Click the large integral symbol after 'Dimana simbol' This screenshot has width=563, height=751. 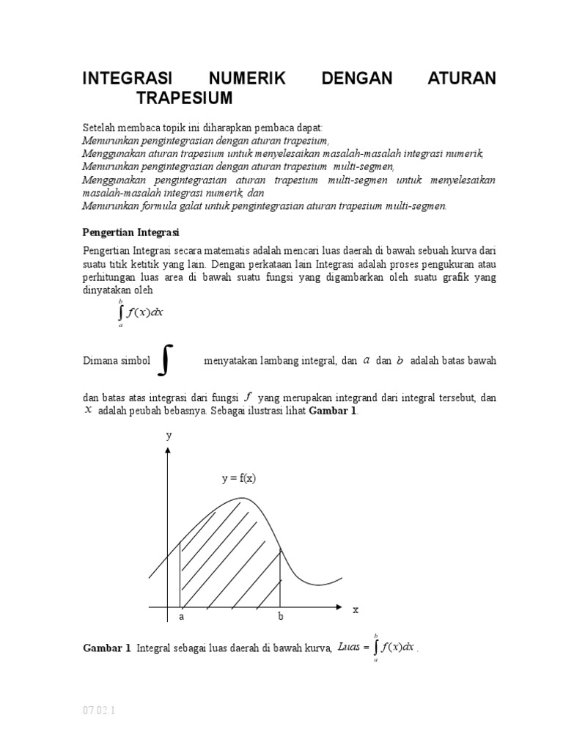pyautogui.click(x=167, y=360)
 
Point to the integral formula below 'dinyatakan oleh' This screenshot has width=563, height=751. pyautogui.click(x=141, y=312)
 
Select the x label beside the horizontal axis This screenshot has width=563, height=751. pyautogui.click(x=355, y=609)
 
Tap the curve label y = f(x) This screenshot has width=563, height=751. pyautogui.click(x=238, y=478)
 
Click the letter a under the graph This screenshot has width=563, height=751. pyautogui.click(x=181, y=618)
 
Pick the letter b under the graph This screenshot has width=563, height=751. pyautogui.click(x=280, y=618)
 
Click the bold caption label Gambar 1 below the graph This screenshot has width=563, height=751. pyautogui.click(x=106, y=648)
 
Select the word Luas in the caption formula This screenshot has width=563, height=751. pyautogui.click(x=350, y=646)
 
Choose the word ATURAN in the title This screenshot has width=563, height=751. pyautogui.click(x=462, y=78)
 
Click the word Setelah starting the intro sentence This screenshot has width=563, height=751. pyautogui.click(x=99, y=127)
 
